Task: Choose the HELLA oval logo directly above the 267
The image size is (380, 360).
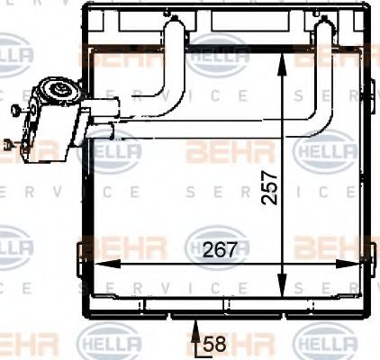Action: (x=216, y=243)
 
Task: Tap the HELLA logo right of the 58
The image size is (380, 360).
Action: (x=325, y=342)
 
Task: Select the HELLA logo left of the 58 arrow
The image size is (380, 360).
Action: (x=110, y=342)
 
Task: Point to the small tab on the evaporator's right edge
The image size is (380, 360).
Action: (x=371, y=87)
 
